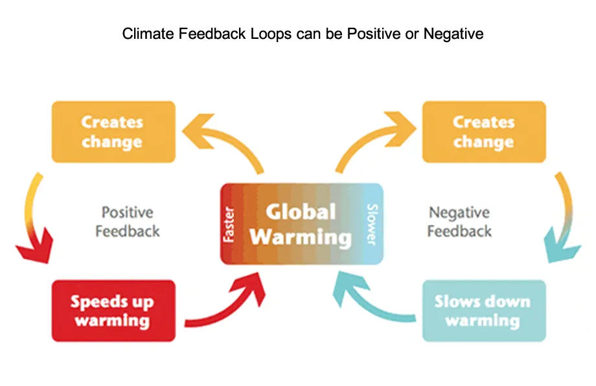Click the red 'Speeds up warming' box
click(113, 311)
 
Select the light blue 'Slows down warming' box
click(483, 311)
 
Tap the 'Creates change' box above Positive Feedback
click(113, 131)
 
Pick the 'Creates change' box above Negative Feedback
click(483, 131)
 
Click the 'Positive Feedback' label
click(127, 221)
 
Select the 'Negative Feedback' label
click(460, 221)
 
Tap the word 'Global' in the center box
click(301, 212)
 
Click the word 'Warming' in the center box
click(301, 236)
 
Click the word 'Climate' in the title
click(144, 34)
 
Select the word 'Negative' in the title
click(453, 34)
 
